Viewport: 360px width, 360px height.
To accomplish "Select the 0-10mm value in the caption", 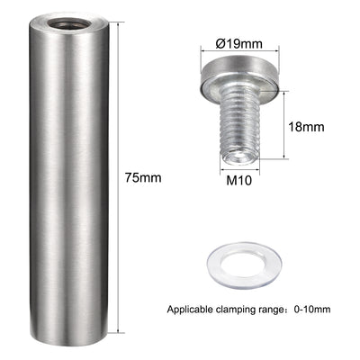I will pos(311,310).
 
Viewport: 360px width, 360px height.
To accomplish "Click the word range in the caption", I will pos(273,310).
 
